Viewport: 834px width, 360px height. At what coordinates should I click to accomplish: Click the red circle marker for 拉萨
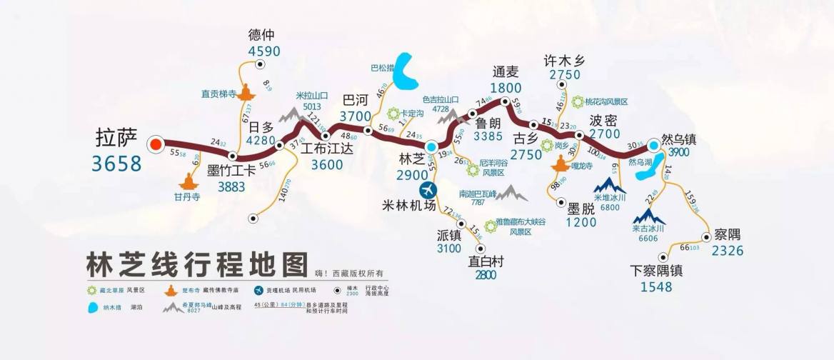click(155, 145)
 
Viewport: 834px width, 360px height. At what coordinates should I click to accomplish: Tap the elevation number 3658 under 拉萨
click(116, 164)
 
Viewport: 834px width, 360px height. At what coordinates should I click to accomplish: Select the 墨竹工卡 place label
click(231, 171)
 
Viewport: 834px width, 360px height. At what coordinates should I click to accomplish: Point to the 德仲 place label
click(261, 35)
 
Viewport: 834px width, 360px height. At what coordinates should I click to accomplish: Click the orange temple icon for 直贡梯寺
click(248, 92)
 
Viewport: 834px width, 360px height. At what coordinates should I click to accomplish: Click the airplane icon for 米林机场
click(428, 190)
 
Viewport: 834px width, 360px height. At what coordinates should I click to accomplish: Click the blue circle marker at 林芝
click(431, 146)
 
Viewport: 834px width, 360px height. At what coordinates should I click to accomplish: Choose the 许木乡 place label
click(564, 60)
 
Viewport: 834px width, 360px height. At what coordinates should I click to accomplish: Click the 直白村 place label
click(486, 261)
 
